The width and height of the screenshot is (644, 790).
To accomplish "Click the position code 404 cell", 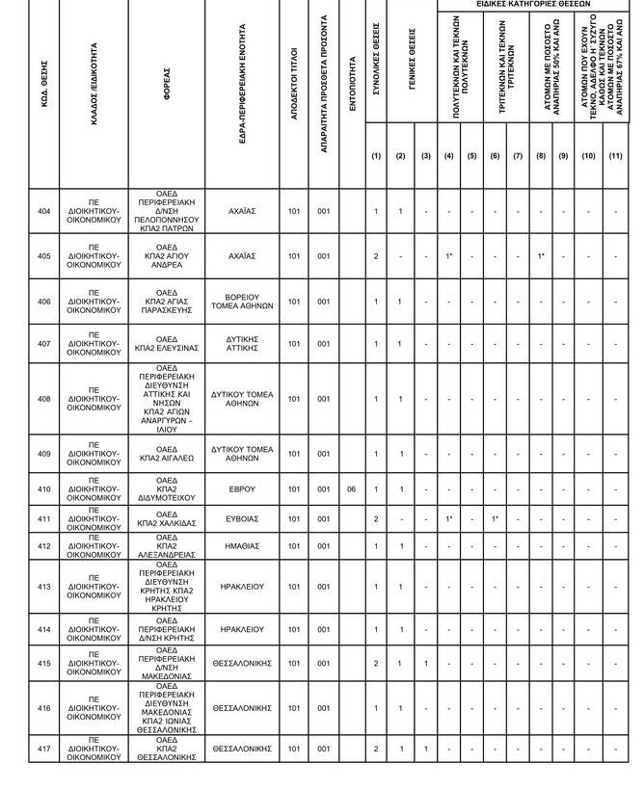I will pyautogui.click(x=43, y=211).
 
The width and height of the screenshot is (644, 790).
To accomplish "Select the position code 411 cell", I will pyautogui.click(x=43, y=518).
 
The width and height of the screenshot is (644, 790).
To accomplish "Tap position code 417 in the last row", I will pyautogui.click(x=43, y=748).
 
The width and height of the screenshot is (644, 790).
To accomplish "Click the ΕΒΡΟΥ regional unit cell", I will pyautogui.click(x=242, y=489).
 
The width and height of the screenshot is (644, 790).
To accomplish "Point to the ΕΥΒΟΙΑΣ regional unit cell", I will pyautogui.click(x=242, y=518).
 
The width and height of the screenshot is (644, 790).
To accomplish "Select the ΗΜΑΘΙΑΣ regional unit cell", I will pyautogui.click(x=242, y=546).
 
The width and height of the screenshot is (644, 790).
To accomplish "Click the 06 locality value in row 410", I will pyautogui.click(x=352, y=489).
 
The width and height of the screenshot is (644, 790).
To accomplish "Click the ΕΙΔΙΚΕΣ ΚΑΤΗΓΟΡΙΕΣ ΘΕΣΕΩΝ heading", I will pyautogui.click(x=533, y=5).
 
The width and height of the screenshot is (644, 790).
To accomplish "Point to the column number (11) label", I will pyautogui.click(x=615, y=156).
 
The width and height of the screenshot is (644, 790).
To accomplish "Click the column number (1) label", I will pyautogui.click(x=376, y=156).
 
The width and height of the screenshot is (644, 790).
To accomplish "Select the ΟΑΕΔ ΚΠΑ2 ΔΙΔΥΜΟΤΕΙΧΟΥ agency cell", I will pyautogui.click(x=168, y=489).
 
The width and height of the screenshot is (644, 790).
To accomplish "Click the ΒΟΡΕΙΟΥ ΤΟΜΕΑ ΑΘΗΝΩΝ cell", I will pyautogui.click(x=242, y=302).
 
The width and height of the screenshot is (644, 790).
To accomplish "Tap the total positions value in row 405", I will pyautogui.click(x=376, y=256).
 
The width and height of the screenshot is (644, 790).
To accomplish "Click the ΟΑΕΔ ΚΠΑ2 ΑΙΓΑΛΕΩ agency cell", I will pyautogui.click(x=168, y=453).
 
